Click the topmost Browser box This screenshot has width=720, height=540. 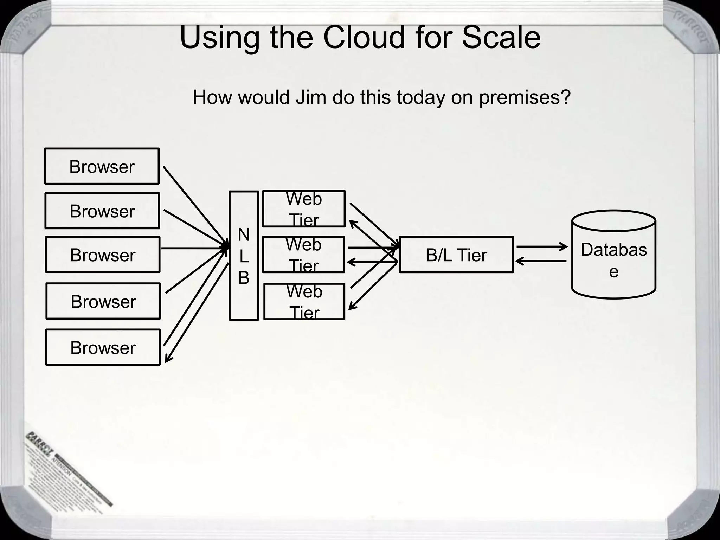(102, 166)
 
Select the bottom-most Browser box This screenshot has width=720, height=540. (103, 347)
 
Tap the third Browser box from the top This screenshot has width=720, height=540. (102, 255)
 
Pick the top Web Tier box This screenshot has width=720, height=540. (304, 209)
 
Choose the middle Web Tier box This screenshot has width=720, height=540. (303, 255)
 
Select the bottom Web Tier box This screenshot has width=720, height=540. (304, 301)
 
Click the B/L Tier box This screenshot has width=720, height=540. (456, 255)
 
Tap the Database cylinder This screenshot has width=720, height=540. (613, 255)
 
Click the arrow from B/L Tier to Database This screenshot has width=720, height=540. (541, 247)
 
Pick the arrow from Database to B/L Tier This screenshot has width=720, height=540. (541, 261)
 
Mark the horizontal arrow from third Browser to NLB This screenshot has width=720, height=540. (193, 248)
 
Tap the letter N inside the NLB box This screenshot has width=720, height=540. (244, 234)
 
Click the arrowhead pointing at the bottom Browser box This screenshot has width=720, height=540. (168, 359)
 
